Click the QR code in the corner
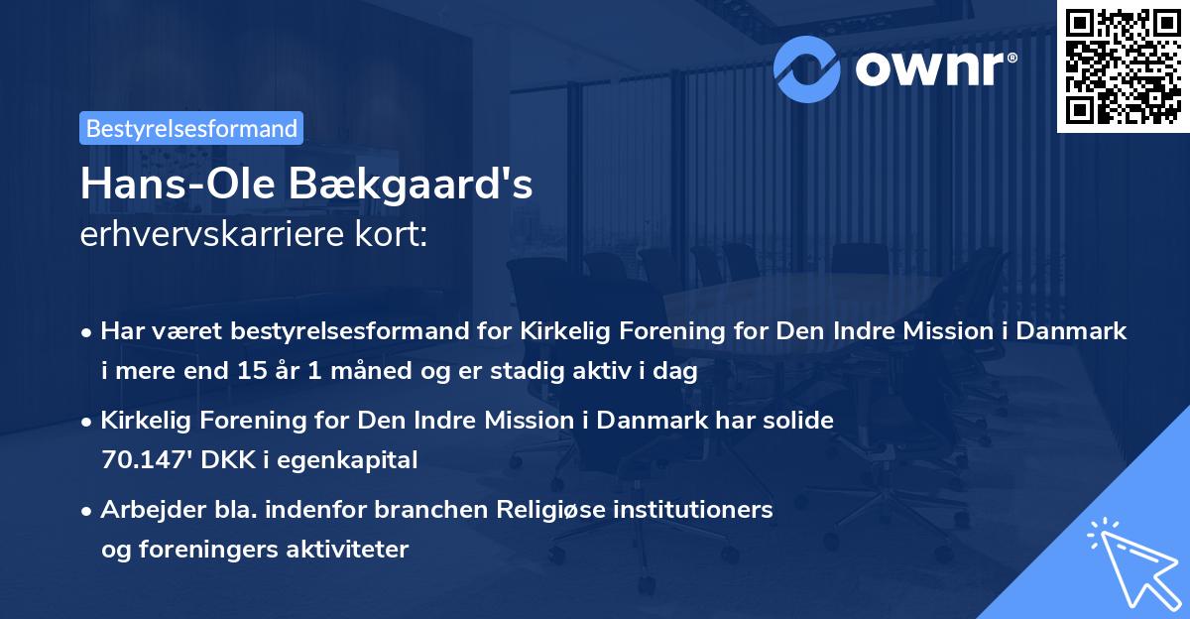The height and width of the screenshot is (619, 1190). point(1121,65)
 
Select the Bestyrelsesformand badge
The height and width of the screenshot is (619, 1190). point(191,128)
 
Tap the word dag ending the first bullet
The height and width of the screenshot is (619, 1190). point(677,372)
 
